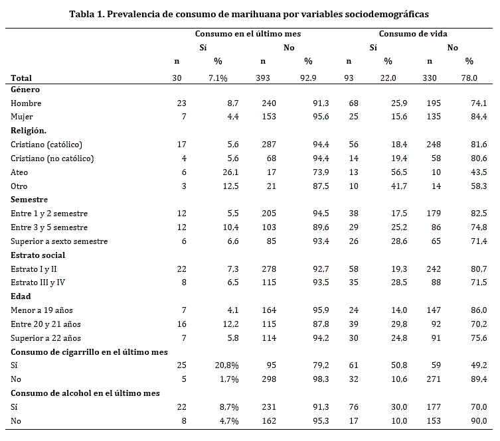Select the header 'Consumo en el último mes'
click(x=248, y=34)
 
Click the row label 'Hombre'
click(x=26, y=103)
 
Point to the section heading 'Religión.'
click(x=29, y=131)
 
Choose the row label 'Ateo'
click(x=20, y=172)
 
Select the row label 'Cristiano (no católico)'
click(x=52, y=158)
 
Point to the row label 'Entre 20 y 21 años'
click(x=45, y=324)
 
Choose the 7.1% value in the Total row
click(x=218, y=78)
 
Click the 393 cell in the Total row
click(x=263, y=78)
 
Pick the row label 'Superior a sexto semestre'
click(x=59, y=241)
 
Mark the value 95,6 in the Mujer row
click(x=305, y=117)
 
